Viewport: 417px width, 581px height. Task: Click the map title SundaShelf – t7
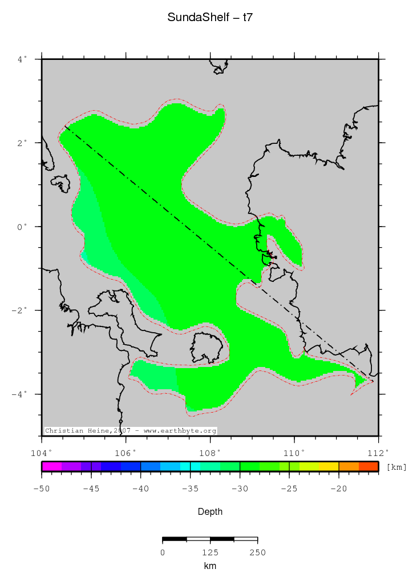point(210,18)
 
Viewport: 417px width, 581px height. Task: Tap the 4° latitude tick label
point(22,59)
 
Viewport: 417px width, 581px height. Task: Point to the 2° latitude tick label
point(22,143)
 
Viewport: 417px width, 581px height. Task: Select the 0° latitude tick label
point(22,227)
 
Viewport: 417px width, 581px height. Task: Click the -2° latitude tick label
point(21,310)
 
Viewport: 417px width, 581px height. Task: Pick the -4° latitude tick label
point(21,394)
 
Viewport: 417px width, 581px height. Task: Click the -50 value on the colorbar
point(42,488)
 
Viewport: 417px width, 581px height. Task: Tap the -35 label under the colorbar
point(190,488)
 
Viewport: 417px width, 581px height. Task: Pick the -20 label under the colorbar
point(339,488)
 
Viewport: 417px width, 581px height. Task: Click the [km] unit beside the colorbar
point(396,467)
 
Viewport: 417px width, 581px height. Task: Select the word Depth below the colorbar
point(210,512)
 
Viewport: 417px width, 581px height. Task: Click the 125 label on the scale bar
point(210,552)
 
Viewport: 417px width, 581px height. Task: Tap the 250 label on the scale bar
point(257,552)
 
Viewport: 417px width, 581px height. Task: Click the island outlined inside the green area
point(206,348)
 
